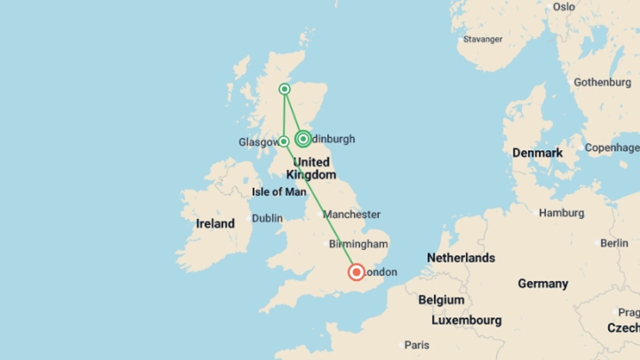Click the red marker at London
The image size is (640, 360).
click(x=356, y=272)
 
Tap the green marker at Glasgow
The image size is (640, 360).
click(x=284, y=141)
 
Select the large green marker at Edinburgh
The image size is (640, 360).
click(x=303, y=139)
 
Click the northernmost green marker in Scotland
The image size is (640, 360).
click(x=284, y=89)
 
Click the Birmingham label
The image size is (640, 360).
click(x=358, y=244)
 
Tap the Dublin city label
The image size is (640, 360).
click(x=267, y=218)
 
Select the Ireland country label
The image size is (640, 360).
click(x=215, y=223)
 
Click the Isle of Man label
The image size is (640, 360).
click(x=279, y=192)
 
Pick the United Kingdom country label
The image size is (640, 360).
click(x=311, y=168)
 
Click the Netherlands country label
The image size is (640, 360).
click(x=461, y=258)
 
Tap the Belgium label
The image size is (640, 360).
click(x=441, y=300)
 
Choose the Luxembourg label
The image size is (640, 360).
click(x=466, y=320)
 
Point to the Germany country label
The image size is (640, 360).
click(x=543, y=284)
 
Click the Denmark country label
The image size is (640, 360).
click(x=537, y=153)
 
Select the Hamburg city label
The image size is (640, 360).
click(x=561, y=213)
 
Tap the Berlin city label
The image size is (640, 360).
click(x=614, y=243)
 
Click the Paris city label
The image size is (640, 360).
click(x=417, y=345)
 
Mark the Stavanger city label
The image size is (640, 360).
click(x=482, y=39)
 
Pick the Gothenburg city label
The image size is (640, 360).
click(x=602, y=82)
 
